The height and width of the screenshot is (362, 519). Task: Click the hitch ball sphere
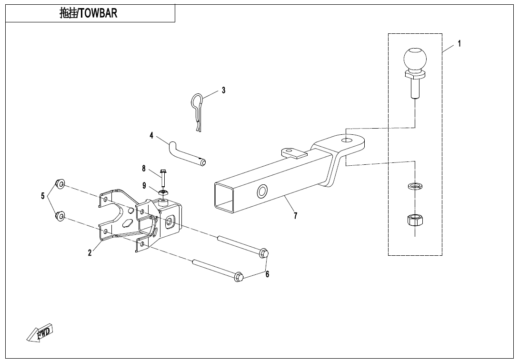click(415, 59)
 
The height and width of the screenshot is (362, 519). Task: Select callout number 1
click(459, 43)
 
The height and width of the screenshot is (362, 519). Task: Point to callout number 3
click(223, 90)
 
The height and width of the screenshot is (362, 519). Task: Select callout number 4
click(151, 136)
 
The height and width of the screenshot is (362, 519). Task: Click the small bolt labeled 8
click(163, 179)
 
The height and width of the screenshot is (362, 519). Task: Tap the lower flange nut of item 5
click(60, 216)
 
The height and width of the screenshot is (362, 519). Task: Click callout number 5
click(43, 196)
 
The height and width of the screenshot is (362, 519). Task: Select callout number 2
click(90, 253)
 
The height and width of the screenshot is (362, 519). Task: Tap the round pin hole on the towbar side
click(262, 192)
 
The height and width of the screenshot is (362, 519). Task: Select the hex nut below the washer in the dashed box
click(415, 221)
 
